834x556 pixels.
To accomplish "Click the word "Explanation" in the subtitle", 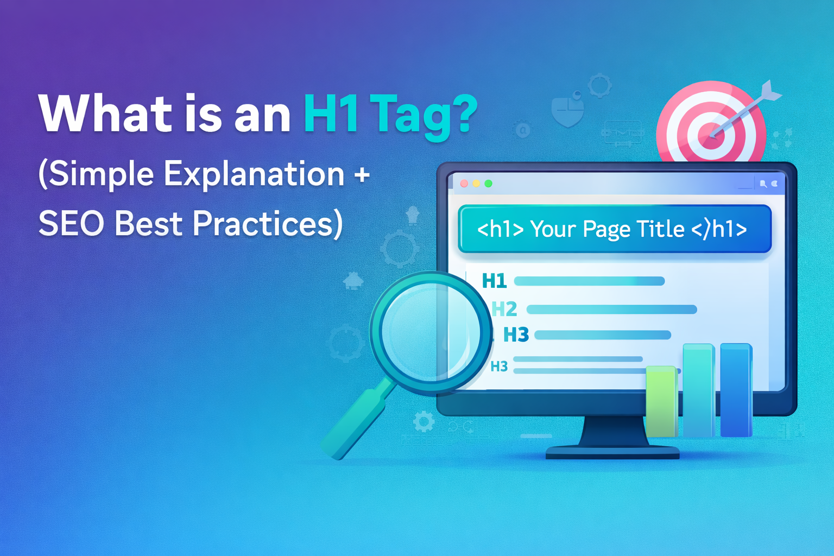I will pyautogui.click(x=254, y=175).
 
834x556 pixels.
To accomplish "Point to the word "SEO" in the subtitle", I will pyautogui.click(x=71, y=224).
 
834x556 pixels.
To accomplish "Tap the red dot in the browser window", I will pyautogui.click(x=464, y=184).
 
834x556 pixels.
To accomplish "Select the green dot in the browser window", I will pyautogui.click(x=488, y=184).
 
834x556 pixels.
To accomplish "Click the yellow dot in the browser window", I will pyautogui.click(x=476, y=184).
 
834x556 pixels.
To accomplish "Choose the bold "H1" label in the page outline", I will pyautogui.click(x=494, y=281).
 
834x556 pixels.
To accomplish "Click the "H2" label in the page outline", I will pyautogui.click(x=504, y=309).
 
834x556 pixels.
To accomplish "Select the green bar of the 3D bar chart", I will pyautogui.click(x=661, y=402).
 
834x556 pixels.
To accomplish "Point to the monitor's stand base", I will pyautogui.click(x=612, y=452).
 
